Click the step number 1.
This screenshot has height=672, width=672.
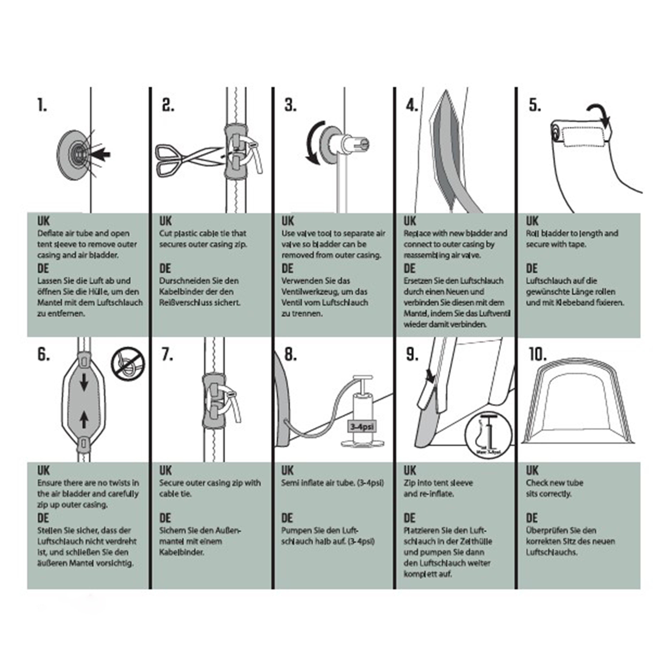42,105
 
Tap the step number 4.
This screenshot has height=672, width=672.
411,105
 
